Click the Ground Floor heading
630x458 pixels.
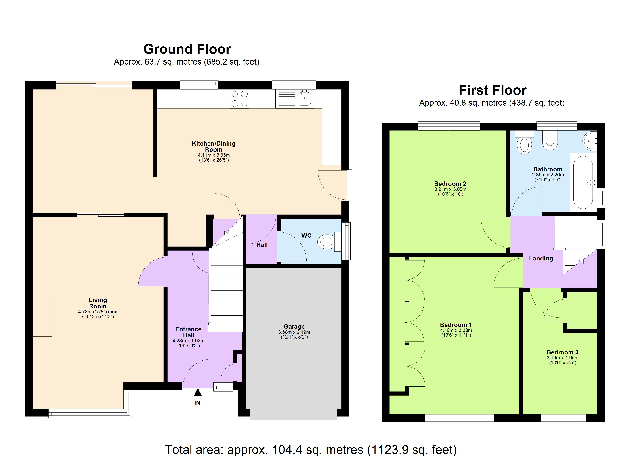(187, 49)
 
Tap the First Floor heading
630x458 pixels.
(492, 90)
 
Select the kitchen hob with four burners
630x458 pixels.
(239, 99)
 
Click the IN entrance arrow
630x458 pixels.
(198, 393)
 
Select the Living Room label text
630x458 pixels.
(98, 303)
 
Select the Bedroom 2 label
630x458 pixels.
(450, 184)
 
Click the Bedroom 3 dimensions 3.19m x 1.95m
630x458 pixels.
(562, 358)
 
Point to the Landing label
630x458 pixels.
(540, 259)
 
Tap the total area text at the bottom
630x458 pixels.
(311, 449)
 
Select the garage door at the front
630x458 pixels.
(293, 408)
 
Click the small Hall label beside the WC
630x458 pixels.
(262, 245)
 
